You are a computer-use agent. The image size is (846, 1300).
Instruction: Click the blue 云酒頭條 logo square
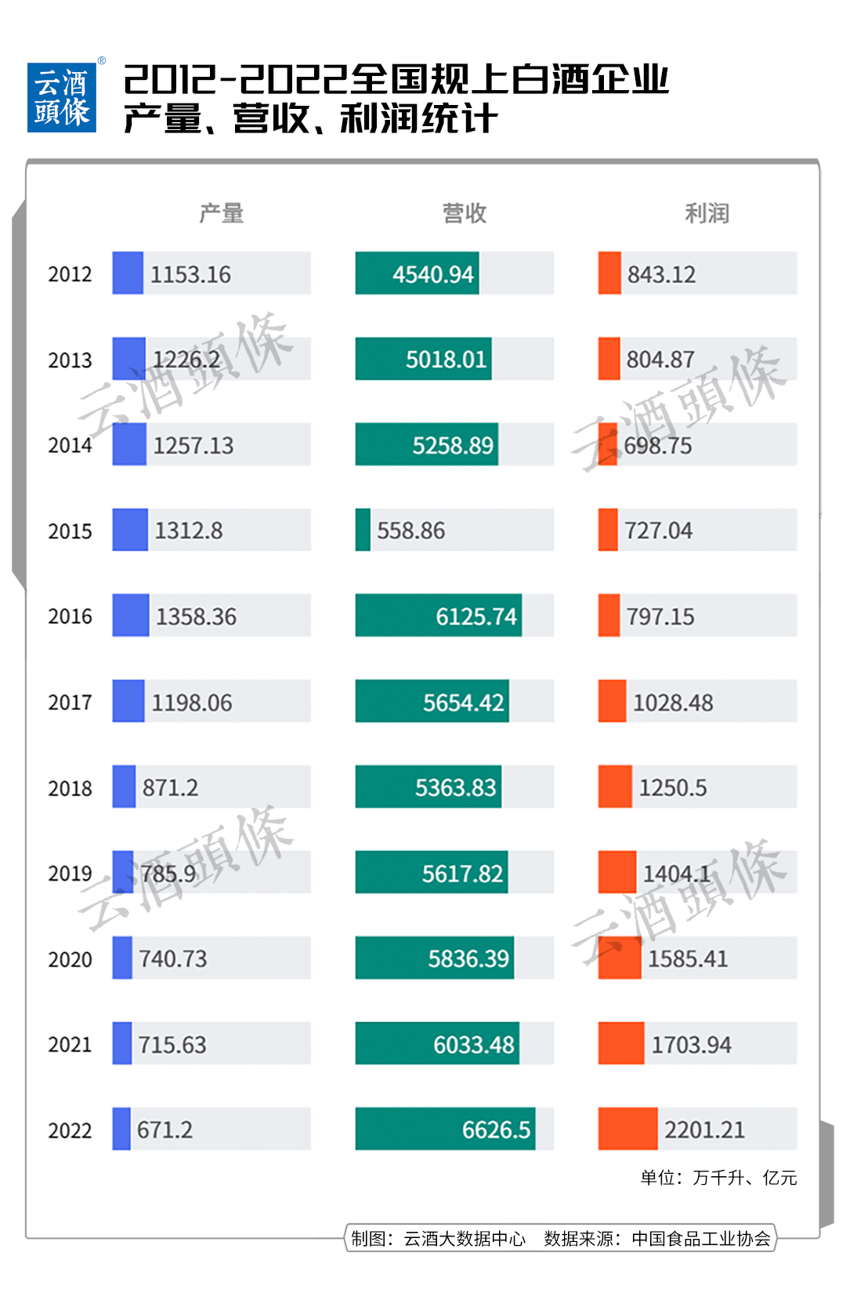(x=62, y=98)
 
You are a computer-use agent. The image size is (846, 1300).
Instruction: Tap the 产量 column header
(x=221, y=213)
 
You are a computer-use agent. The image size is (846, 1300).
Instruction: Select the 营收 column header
(x=465, y=213)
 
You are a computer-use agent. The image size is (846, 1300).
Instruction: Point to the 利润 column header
(x=707, y=213)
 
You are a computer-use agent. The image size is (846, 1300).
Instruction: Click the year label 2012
(x=70, y=274)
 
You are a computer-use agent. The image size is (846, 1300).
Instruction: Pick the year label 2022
(x=70, y=1130)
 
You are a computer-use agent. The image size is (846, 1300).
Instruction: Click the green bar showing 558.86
(x=363, y=530)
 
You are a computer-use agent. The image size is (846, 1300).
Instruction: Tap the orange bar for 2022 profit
(x=627, y=1128)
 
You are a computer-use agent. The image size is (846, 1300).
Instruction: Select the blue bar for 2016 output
(x=131, y=615)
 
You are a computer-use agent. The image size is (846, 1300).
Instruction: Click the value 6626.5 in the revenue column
(x=496, y=1130)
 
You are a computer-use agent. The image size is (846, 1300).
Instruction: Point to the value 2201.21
(x=704, y=1130)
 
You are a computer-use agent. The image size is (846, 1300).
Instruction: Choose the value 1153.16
(x=190, y=274)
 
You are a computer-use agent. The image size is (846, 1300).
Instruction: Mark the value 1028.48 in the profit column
(x=673, y=702)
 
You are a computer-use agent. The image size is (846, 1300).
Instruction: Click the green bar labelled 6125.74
(x=438, y=615)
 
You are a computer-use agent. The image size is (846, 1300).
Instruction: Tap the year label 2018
(x=70, y=788)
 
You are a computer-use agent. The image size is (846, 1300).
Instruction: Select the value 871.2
(x=170, y=788)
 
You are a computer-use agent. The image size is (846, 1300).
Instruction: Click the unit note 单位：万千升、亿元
(x=718, y=1177)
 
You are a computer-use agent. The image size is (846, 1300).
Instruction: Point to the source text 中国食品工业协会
(x=701, y=1238)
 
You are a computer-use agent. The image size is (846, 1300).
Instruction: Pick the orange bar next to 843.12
(x=609, y=273)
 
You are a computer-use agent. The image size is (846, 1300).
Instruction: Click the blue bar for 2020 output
(x=122, y=958)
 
